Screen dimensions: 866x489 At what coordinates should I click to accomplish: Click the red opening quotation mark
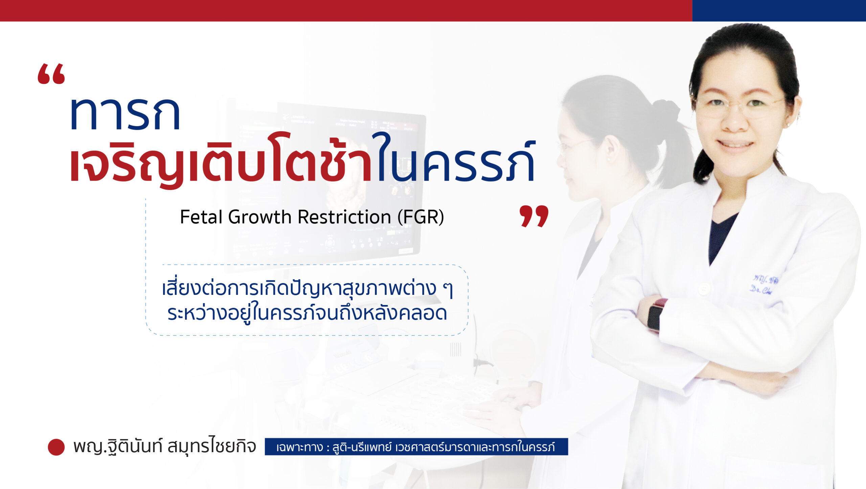click(51, 73)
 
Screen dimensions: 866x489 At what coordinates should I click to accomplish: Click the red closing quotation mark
click(534, 216)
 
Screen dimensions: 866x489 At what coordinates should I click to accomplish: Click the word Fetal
click(201, 217)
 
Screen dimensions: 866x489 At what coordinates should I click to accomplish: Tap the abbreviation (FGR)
click(421, 217)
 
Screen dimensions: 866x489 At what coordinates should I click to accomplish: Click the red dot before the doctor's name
click(56, 447)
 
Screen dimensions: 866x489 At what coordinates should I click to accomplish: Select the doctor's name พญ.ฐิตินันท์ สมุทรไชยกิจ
click(165, 446)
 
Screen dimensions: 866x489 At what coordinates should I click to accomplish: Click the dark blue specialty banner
click(416, 447)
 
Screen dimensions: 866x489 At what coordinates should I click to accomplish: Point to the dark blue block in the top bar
click(779, 10)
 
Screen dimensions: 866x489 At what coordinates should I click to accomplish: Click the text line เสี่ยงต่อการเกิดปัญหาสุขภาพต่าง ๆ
click(307, 288)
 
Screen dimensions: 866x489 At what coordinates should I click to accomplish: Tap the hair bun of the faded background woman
click(666, 110)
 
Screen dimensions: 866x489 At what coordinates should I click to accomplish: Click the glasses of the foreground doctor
click(739, 107)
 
